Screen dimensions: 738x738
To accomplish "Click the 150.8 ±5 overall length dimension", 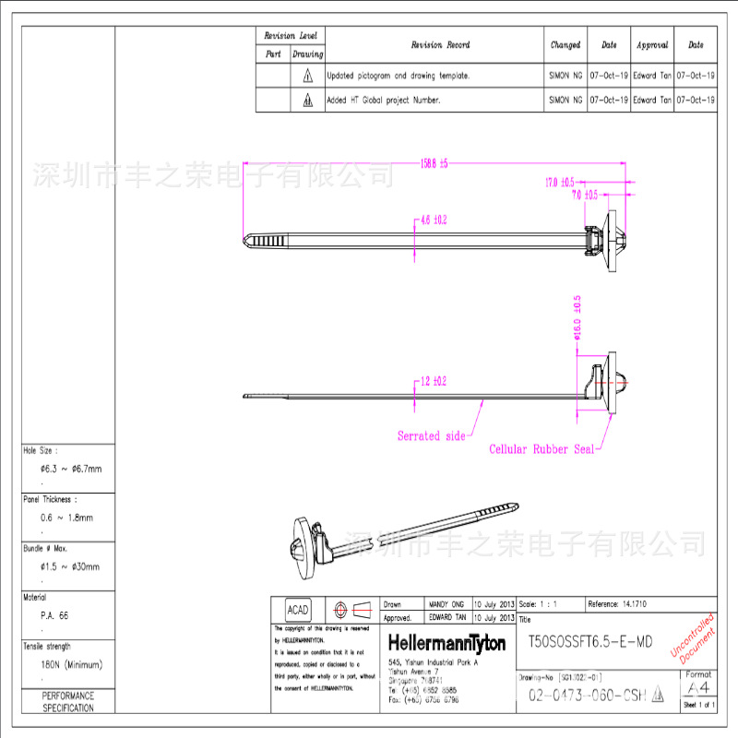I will tap(434, 164).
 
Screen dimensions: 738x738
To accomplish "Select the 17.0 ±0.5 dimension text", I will tap(559, 182).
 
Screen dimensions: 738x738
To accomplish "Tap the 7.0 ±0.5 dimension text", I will tap(584, 195).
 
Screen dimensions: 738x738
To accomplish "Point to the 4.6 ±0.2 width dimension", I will tap(434, 220).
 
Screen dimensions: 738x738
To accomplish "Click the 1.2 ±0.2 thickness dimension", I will tap(434, 381).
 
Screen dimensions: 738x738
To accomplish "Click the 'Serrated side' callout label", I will tap(431, 435).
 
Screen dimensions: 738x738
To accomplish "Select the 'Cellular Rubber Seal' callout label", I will tap(542, 450).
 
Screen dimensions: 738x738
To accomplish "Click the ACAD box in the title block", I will tap(298, 611).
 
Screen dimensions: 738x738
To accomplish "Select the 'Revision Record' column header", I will tap(440, 44).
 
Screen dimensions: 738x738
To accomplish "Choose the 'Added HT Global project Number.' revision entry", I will tap(384, 100).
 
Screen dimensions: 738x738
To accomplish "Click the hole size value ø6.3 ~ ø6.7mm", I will tap(70, 469).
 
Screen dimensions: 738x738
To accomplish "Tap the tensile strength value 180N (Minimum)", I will tap(71, 664).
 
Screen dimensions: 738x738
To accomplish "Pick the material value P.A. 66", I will tap(54, 614).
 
